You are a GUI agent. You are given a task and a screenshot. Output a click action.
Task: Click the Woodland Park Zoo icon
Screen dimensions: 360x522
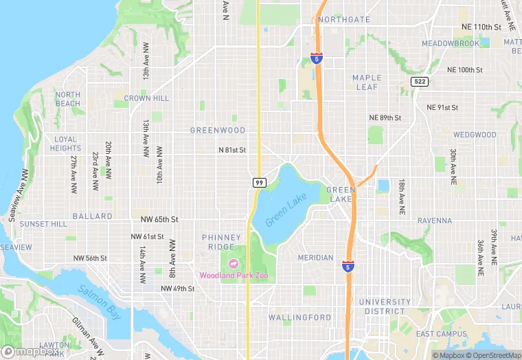point(233,263)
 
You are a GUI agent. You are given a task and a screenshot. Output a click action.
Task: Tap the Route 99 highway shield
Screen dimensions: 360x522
point(259,182)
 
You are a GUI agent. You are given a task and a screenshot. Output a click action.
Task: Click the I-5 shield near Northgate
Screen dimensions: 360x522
point(316,58)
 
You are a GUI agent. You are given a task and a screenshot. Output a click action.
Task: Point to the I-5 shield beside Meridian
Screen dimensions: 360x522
point(348,265)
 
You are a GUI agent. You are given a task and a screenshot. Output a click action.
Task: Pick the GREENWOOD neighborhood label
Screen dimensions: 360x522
point(218,130)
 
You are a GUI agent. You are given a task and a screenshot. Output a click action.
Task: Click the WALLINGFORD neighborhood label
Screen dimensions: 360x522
point(299,317)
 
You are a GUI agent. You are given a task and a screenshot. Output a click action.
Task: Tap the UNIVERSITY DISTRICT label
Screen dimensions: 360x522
point(385,306)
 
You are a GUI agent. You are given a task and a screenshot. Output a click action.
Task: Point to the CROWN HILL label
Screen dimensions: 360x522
point(146,99)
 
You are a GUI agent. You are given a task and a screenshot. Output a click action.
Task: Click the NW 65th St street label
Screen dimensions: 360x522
point(159,220)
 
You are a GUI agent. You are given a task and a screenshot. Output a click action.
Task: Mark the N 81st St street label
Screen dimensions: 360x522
point(232,150)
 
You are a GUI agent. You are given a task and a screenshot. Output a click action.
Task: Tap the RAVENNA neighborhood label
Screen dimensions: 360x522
point(434,221)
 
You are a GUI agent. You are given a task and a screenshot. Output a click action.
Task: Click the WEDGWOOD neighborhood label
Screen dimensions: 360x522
point(474,135)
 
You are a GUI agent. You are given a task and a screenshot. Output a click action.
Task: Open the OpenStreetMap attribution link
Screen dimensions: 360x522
point(493,355)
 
